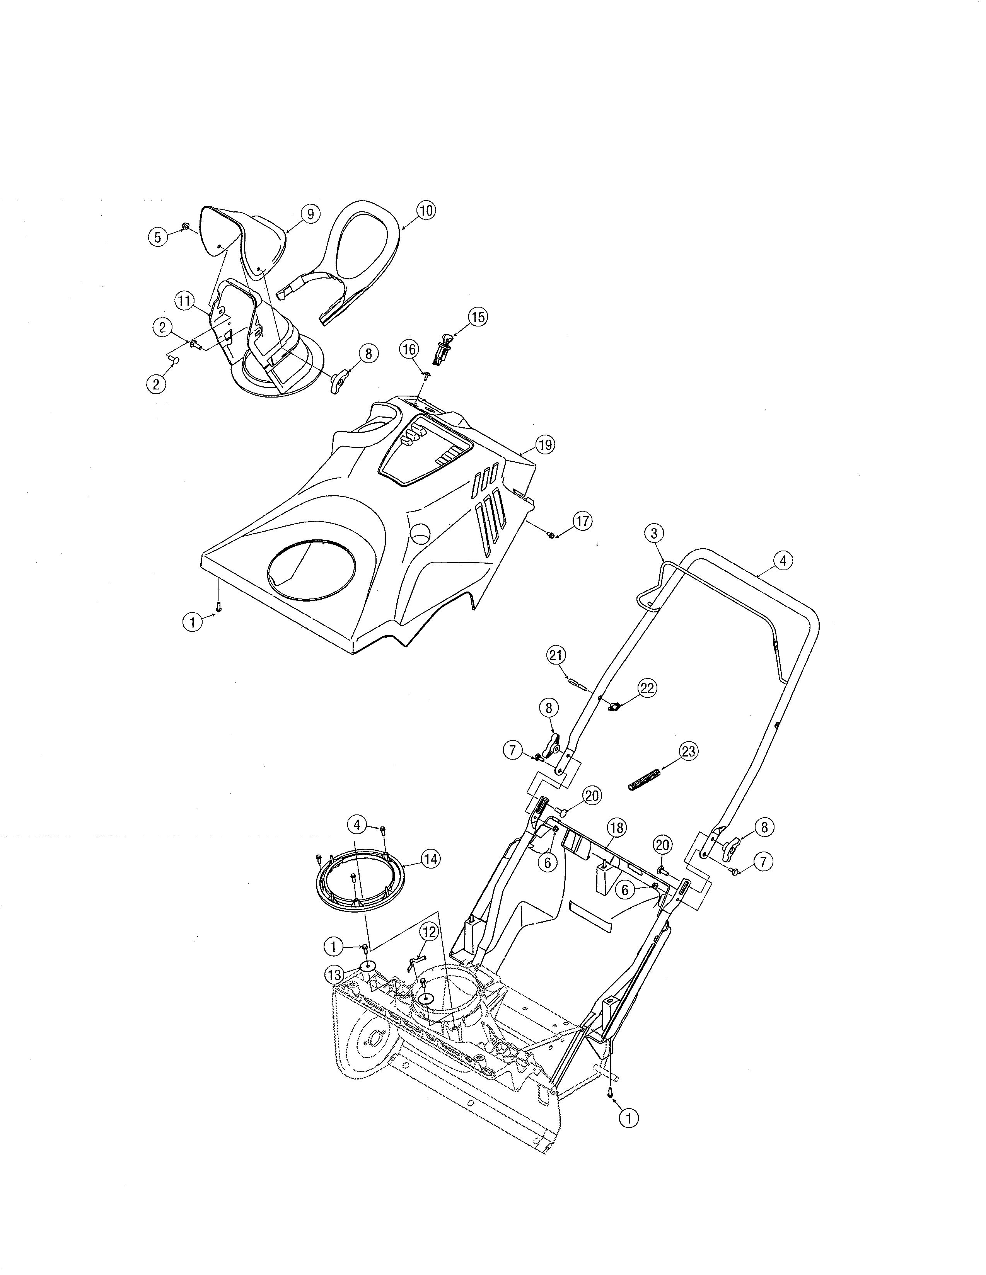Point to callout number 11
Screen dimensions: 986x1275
pyautogui.click(x=184, y=301)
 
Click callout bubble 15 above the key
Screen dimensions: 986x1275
pyautogui.click(x=478, y=317)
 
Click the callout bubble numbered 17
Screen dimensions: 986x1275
pyautogui.click(x=582, y=521)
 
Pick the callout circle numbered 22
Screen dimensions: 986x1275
pyautogui.click(x=647, y=688)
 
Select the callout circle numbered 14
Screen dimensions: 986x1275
pyautogui.click(x=430, y=859)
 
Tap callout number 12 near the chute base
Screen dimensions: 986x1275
pyautogui.click(x=429, y=932)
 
